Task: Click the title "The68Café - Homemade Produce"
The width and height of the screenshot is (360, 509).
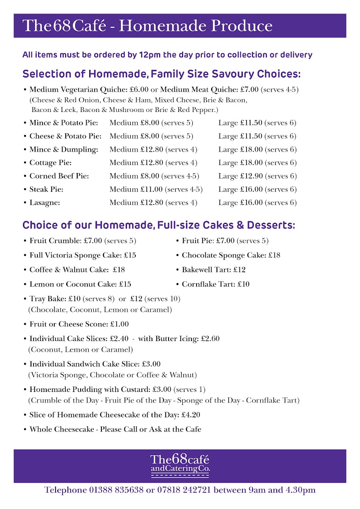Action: (x=148, y=26)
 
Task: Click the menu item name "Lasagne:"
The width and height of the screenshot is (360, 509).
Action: (x=45, y=203)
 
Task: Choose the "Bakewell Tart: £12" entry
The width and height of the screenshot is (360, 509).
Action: (x=214, y=270)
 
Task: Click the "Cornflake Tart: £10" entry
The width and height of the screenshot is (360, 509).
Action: (x=216, y=284)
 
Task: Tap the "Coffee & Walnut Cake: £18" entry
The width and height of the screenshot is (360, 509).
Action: (x=77, y=270)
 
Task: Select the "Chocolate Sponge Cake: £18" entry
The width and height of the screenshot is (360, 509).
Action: (x=231, y=255)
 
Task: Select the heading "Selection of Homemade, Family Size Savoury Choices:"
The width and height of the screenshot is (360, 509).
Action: (x=161, y=74)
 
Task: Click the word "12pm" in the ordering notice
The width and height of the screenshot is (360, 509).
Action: (x=153, y=55)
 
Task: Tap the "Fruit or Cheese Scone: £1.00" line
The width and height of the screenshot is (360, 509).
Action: (x=79, y=324)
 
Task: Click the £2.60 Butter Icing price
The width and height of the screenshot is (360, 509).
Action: (x=210, y=338)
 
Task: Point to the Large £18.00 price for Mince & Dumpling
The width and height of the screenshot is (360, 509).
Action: (x=240, y=150)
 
